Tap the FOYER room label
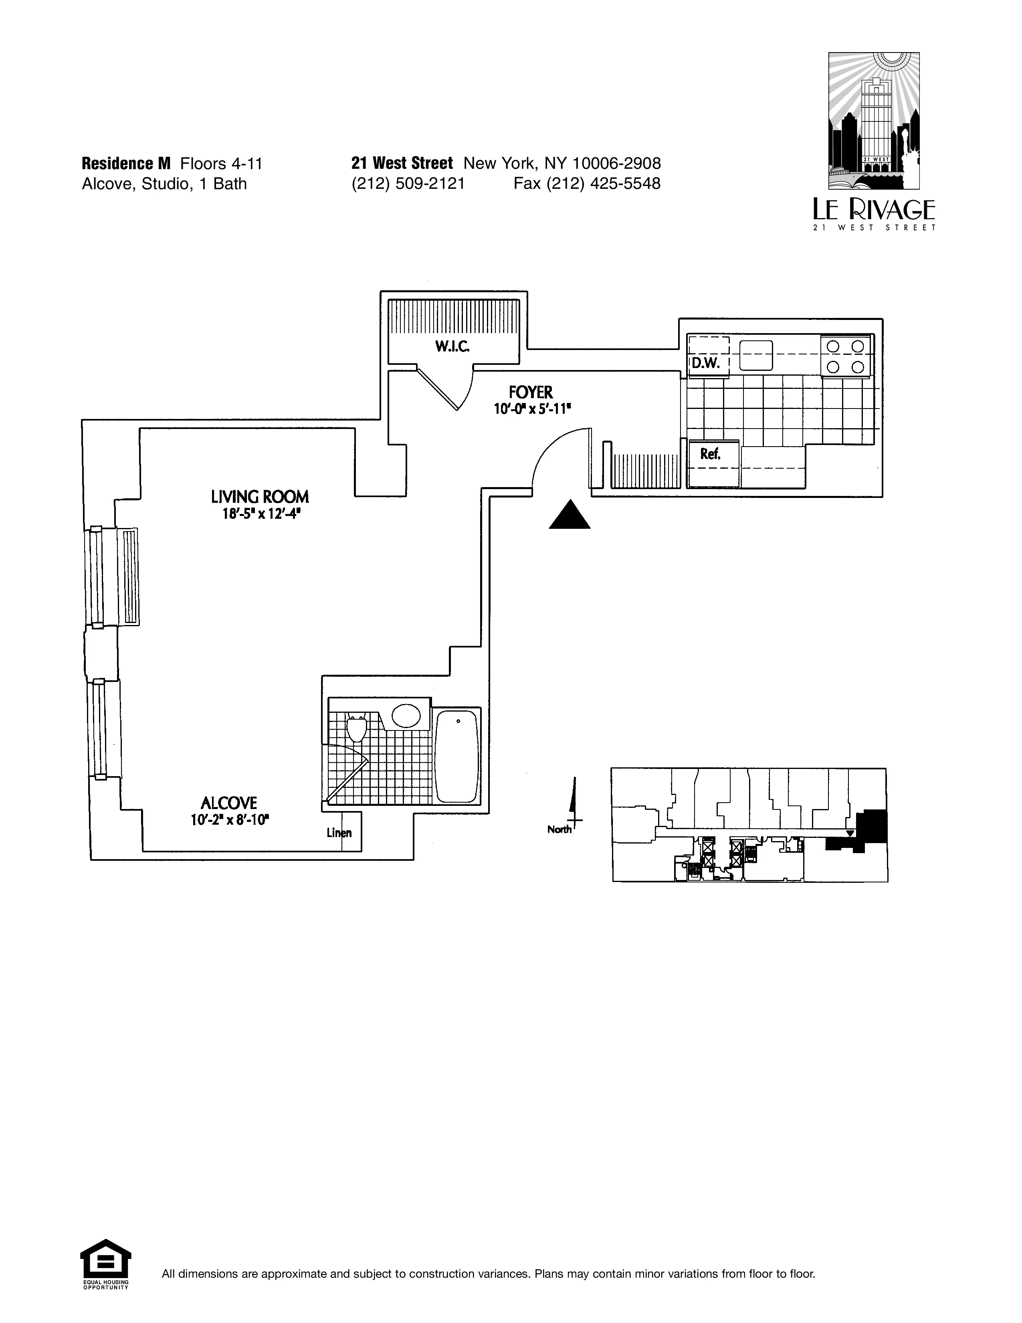pos(530,392)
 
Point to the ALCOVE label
pos(229,803)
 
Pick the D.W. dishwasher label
pos(705,364)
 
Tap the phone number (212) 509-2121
pos(408,184)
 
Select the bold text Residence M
pos(126,164)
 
